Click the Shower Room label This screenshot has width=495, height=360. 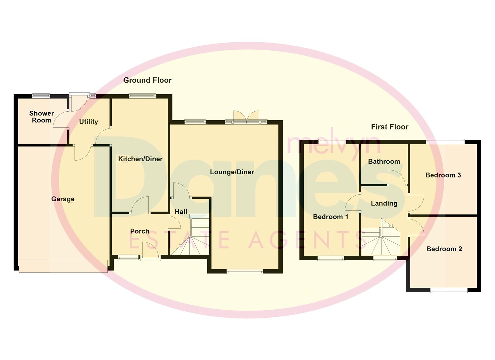coord(41,117)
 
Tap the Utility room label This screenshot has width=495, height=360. coord(88,122)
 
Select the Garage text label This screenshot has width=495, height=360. coord(63,199)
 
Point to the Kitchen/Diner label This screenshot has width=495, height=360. coord(140,159)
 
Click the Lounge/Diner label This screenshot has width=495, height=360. coord(232,172)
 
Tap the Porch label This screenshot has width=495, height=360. coord(140,231)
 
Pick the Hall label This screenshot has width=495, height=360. coord(181,212)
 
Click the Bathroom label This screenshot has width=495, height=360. coord(384,162)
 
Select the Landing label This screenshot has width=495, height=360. coord(384,203)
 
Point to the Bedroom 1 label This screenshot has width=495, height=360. coord(331,217)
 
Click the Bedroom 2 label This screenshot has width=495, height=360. coord(444,249)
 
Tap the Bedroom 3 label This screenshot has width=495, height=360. coord(443,175)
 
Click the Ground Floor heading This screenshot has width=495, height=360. coord(147,80)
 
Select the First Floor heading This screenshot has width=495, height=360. coord(390,127)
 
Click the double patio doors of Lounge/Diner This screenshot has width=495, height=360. coord(246,117)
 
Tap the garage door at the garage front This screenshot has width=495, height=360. coord(63,266)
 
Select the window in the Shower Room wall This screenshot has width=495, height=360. coord(41,96)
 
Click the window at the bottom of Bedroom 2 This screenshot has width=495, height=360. coord(449,290)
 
